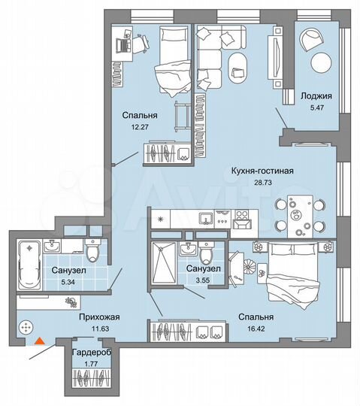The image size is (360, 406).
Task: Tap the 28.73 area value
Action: click(262, 183)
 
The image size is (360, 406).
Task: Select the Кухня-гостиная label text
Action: click(262, 171)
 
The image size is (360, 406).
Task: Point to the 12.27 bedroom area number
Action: click(140, 127)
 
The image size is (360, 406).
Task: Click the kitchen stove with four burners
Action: click(244, 218)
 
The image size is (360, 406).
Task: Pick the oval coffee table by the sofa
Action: click(239, 65)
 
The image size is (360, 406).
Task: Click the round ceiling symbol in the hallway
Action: click(26, 328)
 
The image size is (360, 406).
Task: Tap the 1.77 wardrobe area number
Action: click(87, 365)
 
